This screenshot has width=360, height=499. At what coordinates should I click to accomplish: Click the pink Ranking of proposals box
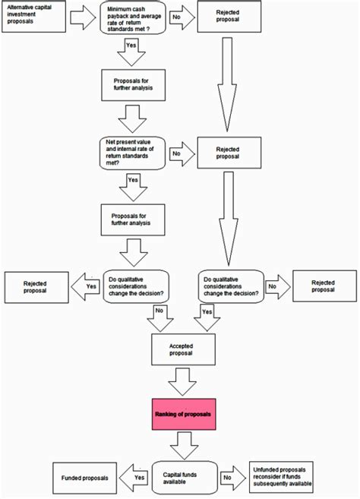[x=184, y=414]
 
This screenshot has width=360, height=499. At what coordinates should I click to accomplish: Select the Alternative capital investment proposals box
[x=33, y=17]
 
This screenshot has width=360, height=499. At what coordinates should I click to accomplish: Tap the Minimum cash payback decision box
[x=133, y=17]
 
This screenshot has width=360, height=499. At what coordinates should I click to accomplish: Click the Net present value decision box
[x=132, y=153]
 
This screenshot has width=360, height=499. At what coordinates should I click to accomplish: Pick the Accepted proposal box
[x=183, y=349]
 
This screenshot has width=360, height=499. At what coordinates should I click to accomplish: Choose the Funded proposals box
[x=84, y=478]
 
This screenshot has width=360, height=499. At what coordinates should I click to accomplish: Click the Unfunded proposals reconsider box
[x=281, y=477]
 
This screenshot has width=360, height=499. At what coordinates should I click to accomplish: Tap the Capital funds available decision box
[x=185, y=478]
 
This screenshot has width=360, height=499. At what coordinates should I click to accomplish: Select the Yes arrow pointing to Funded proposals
[x=134, y=478]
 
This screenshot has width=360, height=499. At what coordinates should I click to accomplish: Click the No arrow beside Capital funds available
[x=233, y=478]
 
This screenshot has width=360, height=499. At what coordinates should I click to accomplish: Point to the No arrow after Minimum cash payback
[x=182, y=17]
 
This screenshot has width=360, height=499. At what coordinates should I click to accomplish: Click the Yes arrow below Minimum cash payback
[x=131, y=52]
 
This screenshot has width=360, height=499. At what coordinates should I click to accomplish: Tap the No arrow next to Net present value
[x=182, y=154]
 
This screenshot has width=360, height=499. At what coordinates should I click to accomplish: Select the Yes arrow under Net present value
[x=134, y=188]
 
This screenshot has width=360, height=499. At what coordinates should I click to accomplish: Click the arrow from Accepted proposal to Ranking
[x=182, y=382]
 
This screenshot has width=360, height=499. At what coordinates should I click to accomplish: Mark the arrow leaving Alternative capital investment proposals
[x=83, y=17]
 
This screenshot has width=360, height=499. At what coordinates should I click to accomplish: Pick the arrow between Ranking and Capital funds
[x=185, y=446]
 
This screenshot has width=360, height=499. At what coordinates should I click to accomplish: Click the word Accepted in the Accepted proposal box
[x=181, y=346]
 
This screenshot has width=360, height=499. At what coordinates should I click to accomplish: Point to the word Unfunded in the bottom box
[x=266, y=469]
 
